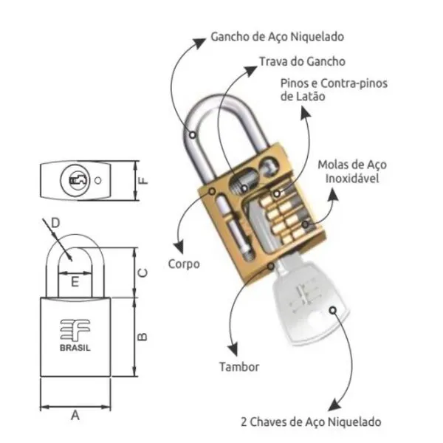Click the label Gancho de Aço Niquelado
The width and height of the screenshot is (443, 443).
(278, 37)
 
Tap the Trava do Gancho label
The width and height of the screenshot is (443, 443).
(302, 61)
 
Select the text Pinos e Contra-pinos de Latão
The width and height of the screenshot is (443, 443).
(334, 90)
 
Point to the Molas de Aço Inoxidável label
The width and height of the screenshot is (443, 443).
(352, 171)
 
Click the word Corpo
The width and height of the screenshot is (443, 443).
(184, 264)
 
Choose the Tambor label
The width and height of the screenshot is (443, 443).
(239, 367)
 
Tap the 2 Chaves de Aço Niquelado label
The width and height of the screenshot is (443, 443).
(311, 422)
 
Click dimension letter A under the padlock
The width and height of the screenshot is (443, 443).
(75, 416)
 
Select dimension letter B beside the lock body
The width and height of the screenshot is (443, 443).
(142, 337)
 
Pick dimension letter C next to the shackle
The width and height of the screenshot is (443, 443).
(142, 273)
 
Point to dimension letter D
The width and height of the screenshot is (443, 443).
(55, 223)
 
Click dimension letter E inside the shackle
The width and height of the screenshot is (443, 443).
(75, 282)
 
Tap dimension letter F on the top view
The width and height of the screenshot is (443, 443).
(143, 181)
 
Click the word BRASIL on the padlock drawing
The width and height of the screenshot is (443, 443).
(75, 348)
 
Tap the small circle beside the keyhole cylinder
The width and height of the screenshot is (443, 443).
(97, 180)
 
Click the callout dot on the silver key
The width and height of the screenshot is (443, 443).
(333, 311)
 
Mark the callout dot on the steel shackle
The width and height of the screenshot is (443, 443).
(193, 135)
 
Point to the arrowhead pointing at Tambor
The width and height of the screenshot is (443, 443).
(234, 350)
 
